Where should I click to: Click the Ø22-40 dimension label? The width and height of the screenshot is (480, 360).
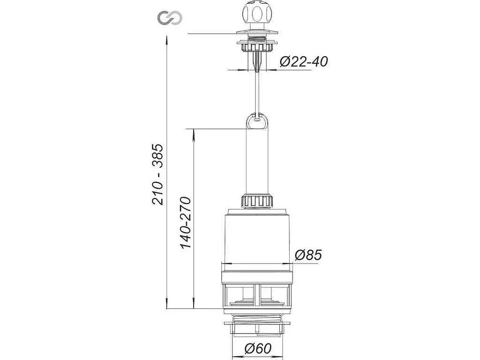point(303,62)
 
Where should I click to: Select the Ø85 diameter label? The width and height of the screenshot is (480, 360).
point(308,255)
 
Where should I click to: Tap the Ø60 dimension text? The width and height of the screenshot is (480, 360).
point(258,348)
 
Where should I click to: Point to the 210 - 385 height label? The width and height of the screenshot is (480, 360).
point(158,174)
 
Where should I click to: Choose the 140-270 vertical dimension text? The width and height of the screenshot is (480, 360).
point(185,223)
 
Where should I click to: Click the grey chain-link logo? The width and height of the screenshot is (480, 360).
point(170,18)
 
